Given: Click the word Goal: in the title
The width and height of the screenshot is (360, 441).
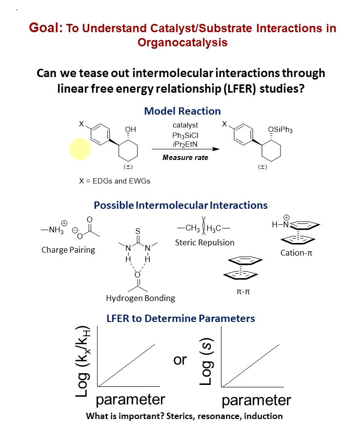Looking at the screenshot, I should [45, 28].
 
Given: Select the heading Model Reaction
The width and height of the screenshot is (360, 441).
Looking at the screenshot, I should [182, 111].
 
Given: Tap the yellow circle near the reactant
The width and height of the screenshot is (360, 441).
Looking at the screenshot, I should [80, 148].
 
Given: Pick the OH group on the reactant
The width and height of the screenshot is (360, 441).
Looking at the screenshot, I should [131, 129].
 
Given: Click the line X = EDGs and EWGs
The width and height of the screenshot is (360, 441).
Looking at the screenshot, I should [115, 180].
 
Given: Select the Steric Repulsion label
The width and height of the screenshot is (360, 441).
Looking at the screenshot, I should [204, 242].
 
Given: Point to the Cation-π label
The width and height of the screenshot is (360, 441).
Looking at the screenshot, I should [296, 253].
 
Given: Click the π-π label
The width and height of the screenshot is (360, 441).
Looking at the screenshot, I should [243, 292].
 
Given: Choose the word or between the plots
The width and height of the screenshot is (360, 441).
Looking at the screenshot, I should [180, 361].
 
